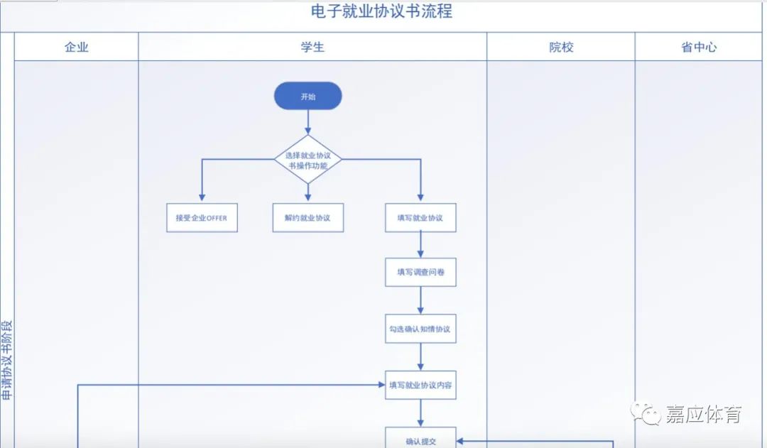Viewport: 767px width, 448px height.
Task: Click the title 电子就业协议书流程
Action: tap(381, 12)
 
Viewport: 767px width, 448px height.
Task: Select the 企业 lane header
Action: tap(77, 48)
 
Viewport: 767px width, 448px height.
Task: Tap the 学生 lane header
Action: tap(312, 48)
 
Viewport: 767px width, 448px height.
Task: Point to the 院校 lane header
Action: tap(561, 48)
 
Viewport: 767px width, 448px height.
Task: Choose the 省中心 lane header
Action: tap(699, 48)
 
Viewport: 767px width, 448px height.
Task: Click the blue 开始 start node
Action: tap(308, 96)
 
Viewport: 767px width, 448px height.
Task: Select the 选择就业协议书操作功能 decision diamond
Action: tap(308, 160)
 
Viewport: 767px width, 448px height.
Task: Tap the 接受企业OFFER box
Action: tap(202, 218)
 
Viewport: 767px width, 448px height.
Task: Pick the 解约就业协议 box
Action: tap(308, 218)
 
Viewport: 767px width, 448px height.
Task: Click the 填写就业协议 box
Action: tap(420, 218)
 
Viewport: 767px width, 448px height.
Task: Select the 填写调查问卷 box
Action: tap(420, 272)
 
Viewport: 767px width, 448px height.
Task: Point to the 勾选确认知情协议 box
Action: tap(420, 329)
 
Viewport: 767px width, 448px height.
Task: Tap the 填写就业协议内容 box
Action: tap(420, 385)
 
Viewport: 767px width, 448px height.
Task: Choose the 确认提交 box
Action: tap(420, 440)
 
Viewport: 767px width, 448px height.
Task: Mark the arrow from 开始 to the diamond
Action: tap(308, 122)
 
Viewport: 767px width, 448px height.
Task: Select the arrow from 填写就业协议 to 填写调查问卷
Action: tap(420, 245)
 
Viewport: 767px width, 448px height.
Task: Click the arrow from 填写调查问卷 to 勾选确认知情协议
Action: tap(420, 300)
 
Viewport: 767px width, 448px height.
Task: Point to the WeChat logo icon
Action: tap(647, 413)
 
